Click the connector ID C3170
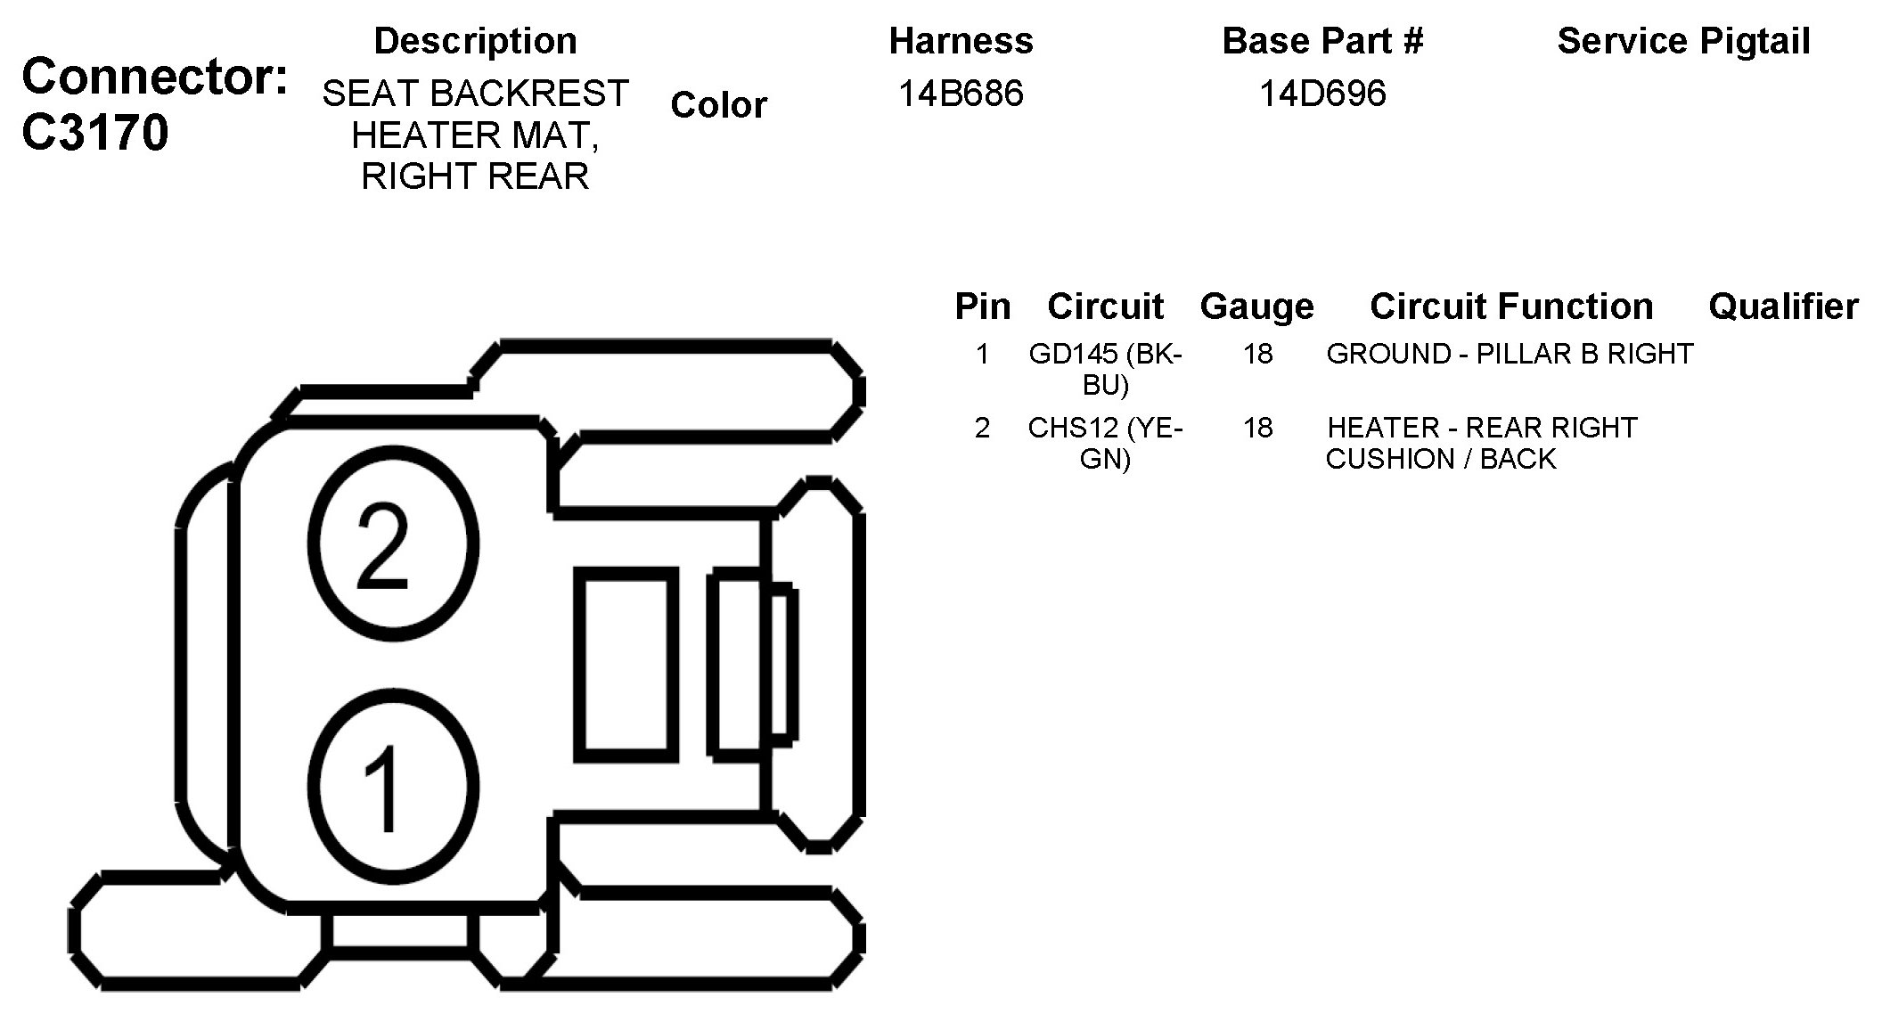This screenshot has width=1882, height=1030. point(94,134)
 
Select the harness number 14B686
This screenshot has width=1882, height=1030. point(961,94)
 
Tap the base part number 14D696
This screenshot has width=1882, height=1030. point(1322,94)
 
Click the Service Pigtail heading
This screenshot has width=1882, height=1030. point(1683,41)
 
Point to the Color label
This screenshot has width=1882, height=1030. point(718,105)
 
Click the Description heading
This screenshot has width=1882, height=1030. point(475,41)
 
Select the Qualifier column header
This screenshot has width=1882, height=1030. point(1783,307)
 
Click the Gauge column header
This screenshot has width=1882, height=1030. point(1256,307)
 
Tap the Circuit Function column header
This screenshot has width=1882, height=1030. point(1511,307)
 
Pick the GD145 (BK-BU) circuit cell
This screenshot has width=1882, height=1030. point(1105,369)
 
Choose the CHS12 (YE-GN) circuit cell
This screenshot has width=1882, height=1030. point(1105,443)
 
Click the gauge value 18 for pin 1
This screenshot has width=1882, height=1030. point(1257,355)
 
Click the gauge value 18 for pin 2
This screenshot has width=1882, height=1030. point(1257,429)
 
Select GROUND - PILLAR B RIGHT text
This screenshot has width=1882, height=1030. point(1510,355)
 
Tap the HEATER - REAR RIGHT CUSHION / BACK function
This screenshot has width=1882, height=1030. point(1481,443)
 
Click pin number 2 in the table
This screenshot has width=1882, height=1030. point(982,429)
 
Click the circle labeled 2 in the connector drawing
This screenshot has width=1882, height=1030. point(392,544)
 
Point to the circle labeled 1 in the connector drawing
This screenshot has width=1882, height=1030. point(392,787)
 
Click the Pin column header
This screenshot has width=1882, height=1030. point(982,307)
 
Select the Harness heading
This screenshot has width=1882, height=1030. point(961,41)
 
